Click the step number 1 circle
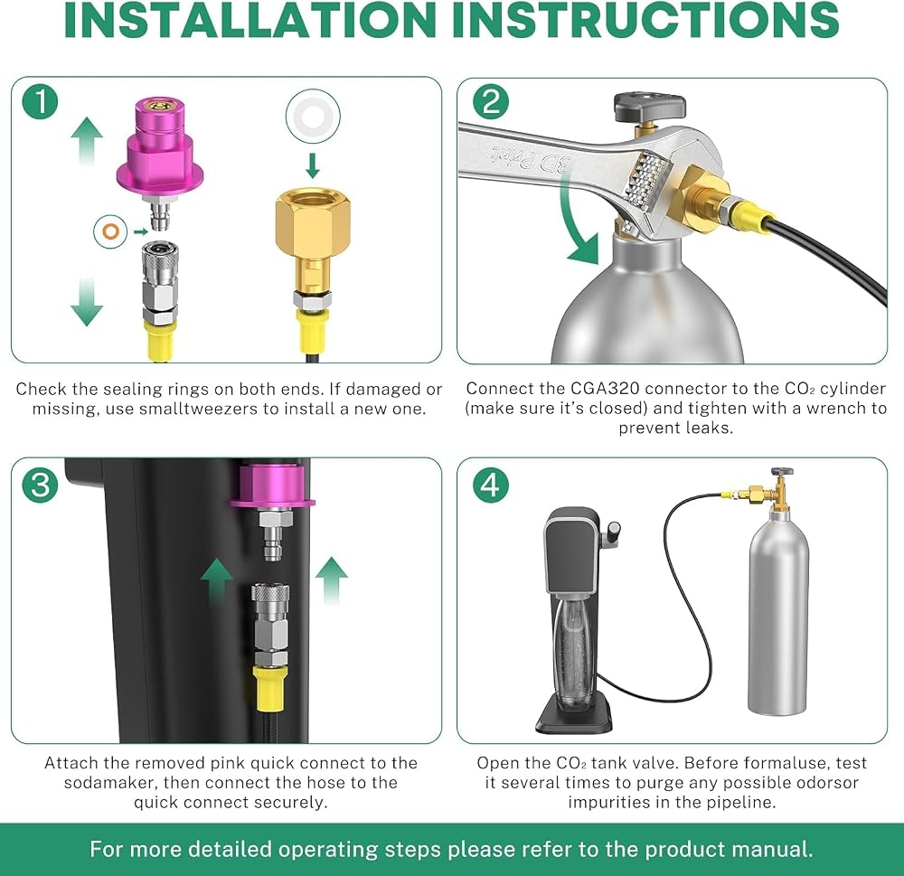point(41,101)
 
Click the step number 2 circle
point(491,101)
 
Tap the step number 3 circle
point(41,484)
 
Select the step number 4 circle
point(491,484)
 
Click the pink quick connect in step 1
point(160,150)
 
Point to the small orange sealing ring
point(110,231)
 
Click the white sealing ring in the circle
point(313,116)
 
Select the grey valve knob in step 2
point(649,105)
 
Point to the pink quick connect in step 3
point(272,486)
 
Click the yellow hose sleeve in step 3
point(271,691)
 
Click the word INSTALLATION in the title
point(250,20)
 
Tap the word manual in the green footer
point(781,849)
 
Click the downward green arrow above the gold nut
point(313,165)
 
